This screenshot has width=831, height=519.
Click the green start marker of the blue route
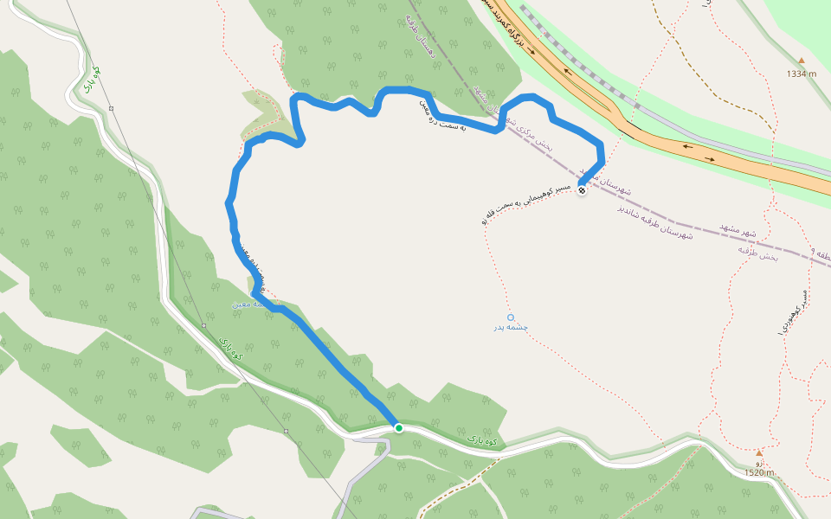[398, 427]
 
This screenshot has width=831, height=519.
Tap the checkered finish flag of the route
[582, 191]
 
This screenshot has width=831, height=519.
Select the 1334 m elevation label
[802, 74]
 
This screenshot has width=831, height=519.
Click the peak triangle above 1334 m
[802, 61]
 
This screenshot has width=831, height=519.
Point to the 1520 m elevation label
[759, 472]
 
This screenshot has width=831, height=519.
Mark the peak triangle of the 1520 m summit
[759, 452]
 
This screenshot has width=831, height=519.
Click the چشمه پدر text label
[511, 328]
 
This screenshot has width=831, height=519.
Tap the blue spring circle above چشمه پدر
[511, 317]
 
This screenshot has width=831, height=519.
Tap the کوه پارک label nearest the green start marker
[484, 439]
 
